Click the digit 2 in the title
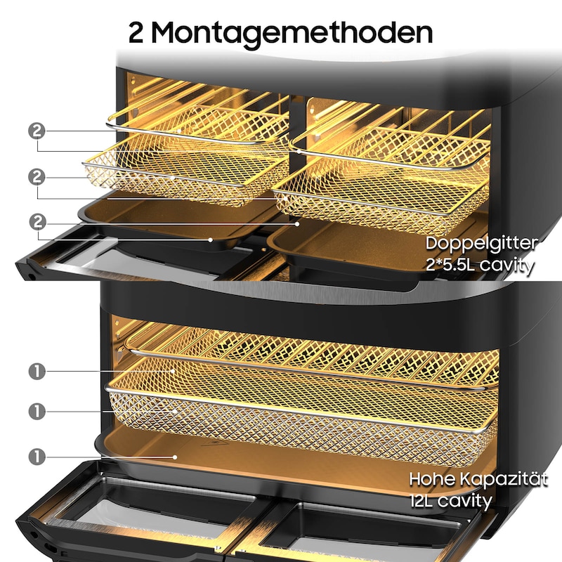pyautogui.click(x=138, y=32)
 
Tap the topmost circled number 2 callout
pyautogui.click(x=37, y=130)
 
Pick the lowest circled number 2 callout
pyautogui.click(x=37, y=223)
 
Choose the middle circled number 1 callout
pyautogui.click(x=37, y=410)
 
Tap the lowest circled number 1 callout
pyautogui.click(x=37, y=456)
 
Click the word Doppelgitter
pyautogui.click(x=481, y=244)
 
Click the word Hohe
pyautogui.click(x=433, y=479)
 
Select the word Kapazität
pyautogui.click(x=504, y=479)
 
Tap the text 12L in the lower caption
pyautogui.click(x=424, y=501)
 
